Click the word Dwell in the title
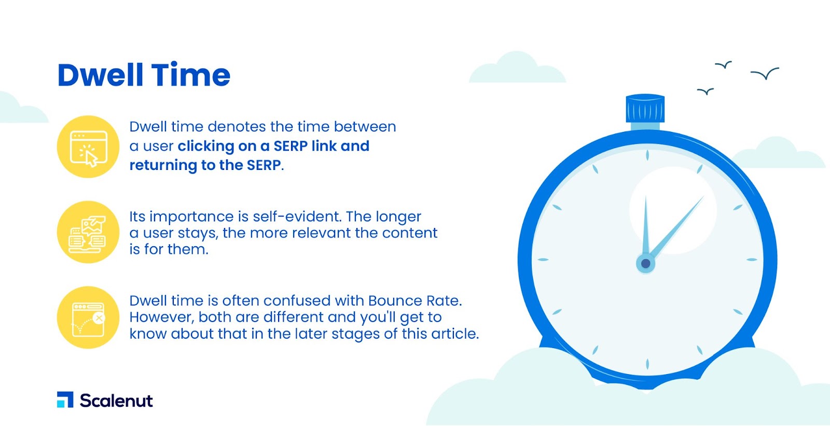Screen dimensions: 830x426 coord(100,75)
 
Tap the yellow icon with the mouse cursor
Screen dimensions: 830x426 coord(88,147)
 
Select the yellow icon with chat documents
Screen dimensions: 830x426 coord(88,232)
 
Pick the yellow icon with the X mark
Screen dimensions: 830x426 coord(88,317)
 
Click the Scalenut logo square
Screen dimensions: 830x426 coord(65,400)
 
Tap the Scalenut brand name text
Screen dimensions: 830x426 coord(116,401)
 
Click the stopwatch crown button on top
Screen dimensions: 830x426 coord(645,109)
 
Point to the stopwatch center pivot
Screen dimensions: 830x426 coord(645,263)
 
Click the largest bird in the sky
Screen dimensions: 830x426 coord(765,73)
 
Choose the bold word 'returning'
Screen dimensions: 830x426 coord(163,166)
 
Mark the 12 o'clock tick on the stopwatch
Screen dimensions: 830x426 coord(647,155)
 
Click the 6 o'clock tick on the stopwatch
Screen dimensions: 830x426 coord(647,364)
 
